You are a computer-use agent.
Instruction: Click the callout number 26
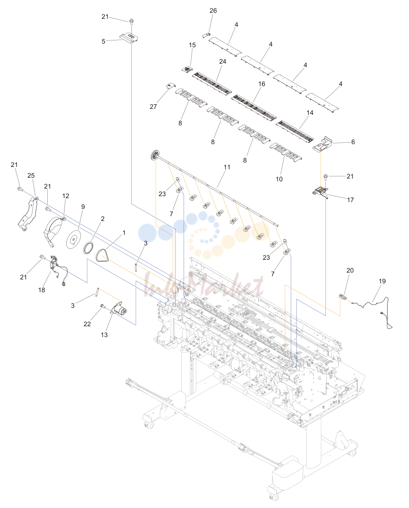coord(213,11)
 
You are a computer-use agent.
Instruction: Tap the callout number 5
coord(103,41)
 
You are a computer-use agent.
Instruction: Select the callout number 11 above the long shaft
coord(227,167)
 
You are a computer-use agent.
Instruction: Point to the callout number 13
coord(104,335)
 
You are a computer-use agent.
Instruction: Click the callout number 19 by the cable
coord(382,281)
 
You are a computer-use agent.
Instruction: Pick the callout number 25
coord(31,175)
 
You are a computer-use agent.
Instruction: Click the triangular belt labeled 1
coord(102,255)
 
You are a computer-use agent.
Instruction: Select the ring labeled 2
coord(88,248)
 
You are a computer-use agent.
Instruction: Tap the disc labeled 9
coord(74,239)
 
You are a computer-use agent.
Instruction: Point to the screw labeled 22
coord(103,306)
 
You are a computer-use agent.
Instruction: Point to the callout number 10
coord(279,179)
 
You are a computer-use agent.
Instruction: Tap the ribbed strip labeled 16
coord(254,107)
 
